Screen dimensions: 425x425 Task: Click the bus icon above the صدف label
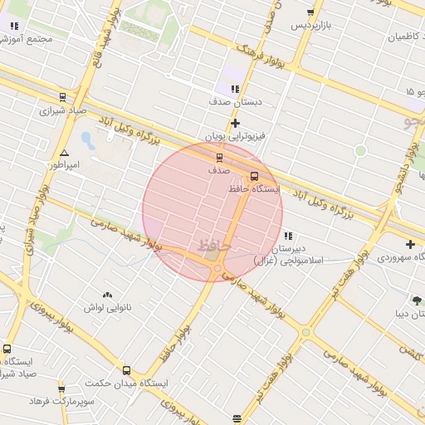[x=219, y=156]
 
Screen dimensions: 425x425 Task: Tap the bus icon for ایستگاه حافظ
[x=254, y=176]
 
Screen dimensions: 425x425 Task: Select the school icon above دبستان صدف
[x=235, y=89]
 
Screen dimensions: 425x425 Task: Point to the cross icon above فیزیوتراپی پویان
[x=235, y=123]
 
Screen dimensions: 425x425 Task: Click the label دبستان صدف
[x=235, y=101]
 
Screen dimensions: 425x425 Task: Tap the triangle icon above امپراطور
[x=64, y=153]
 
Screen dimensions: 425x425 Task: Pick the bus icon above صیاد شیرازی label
[x=63, y=96]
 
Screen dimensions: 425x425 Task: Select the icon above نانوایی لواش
[x=107, y=295]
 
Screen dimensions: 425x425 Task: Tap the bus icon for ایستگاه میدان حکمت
[x=126, y=371]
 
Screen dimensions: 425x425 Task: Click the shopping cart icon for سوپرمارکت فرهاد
[x=61, y=388]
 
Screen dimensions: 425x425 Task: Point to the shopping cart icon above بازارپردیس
[x=310, y=13]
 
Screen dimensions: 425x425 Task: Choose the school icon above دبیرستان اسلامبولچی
[x=287, y=236]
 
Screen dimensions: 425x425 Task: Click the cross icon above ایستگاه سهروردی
[x=410, y=244]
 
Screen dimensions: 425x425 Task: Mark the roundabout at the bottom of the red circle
[x=217, y=268]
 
